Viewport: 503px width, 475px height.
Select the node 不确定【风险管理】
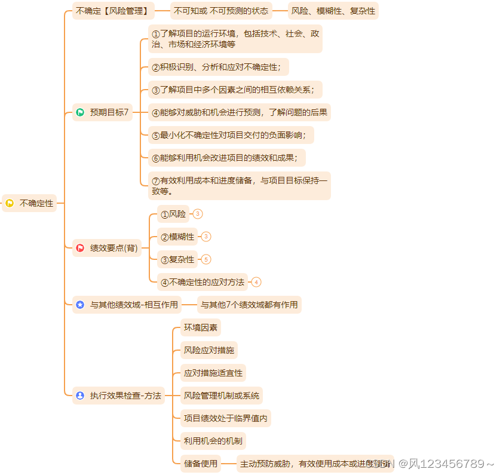coord(112,11)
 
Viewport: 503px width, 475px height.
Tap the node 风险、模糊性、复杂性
coord(333,11)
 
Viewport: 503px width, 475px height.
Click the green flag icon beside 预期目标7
coord(80,112)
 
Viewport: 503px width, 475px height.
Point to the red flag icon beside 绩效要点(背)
coord(80,248)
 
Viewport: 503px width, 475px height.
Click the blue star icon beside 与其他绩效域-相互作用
coord(80,305)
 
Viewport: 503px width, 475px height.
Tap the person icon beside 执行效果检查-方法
coord(80,396)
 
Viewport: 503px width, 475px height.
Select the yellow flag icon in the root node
coord(10,203)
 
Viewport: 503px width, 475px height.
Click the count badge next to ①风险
coord(198,214)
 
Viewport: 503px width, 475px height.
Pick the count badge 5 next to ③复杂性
coord(206,259)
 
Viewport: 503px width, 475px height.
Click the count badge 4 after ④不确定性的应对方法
coord(256,282)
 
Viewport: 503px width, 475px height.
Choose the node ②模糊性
coord(177,237)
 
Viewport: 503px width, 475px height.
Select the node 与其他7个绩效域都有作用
coord(249,305)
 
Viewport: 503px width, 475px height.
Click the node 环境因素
coord(201,327)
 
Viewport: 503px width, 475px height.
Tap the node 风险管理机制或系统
coord(221,396)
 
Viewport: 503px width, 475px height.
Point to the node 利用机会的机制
coord(213,441)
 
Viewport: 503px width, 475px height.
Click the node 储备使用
coord(200,464)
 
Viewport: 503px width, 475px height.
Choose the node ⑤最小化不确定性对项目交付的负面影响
coord(231,135)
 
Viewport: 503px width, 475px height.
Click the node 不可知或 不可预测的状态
coord(221,11)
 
